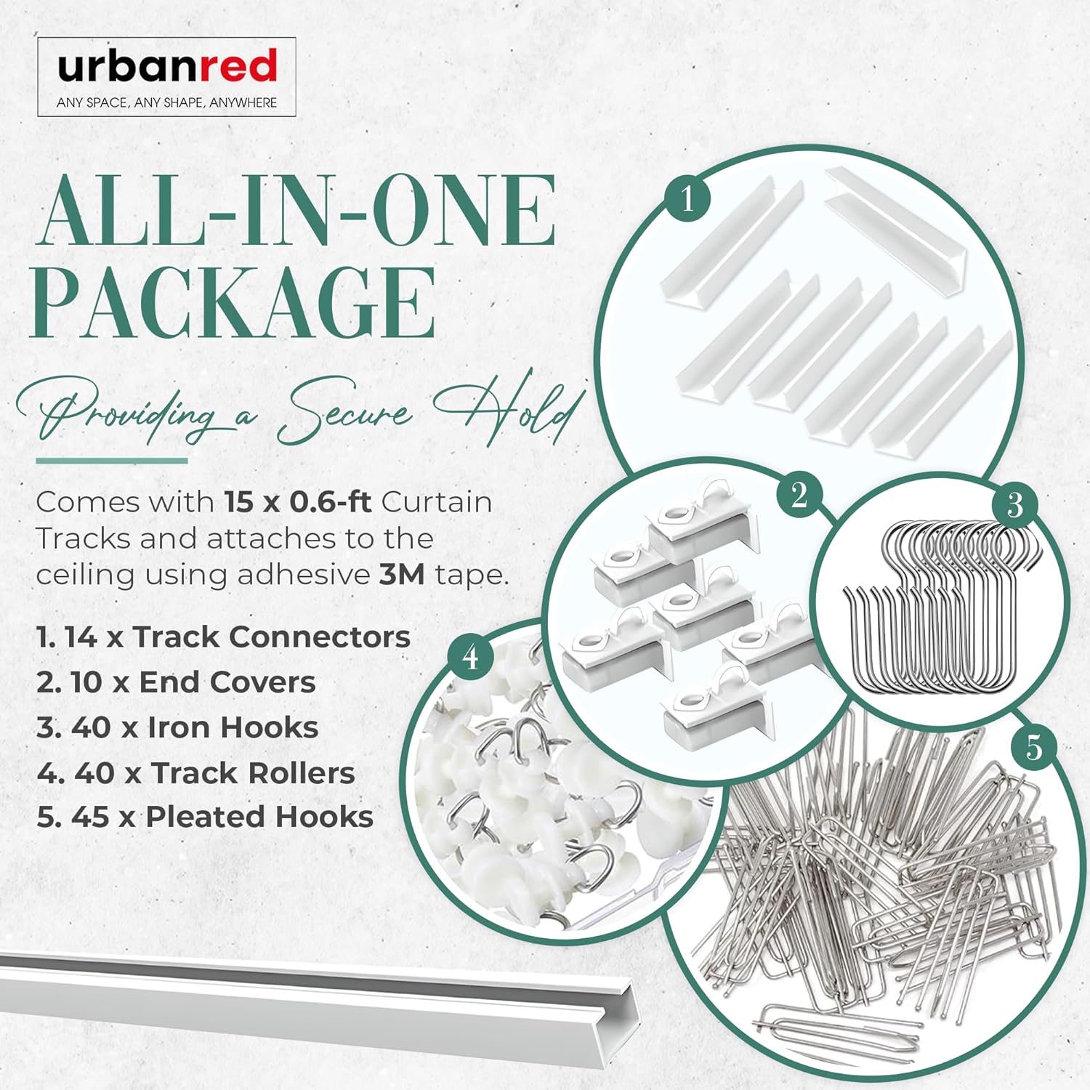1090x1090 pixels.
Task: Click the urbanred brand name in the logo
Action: pyautogui.click(x=167, y=67)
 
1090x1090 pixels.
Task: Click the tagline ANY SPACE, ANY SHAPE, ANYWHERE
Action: pyautogui.click(x=166, y=103)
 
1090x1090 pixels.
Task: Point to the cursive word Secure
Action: pyautogui.click(x=345, y=416)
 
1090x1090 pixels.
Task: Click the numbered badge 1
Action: pyautogui.click(x=687, y=197)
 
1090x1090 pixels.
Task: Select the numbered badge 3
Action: pyautogui.click(x=1014, y=504)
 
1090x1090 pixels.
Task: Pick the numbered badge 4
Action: pyautogui.click(x=471, y=658)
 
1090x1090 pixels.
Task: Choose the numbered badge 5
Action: pyautogui.click(x=1033, y=746)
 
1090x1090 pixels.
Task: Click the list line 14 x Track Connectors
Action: pyautogui.click(x=223, y=637)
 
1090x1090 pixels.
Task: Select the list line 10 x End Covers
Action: pyautogui.click(x=176, y=682)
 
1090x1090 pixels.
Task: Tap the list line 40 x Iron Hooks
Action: pyautogui.click(x=177, y=727)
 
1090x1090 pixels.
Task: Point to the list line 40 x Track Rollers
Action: pyautogui.click(x=195, y=773)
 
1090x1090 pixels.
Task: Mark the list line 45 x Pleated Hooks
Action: pyautogui.click(x=205, y=817)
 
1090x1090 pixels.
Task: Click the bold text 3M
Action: pyautogui.click(x=402, y=575)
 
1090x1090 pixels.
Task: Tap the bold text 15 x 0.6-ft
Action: pyautogui.click(x=298, y=502)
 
